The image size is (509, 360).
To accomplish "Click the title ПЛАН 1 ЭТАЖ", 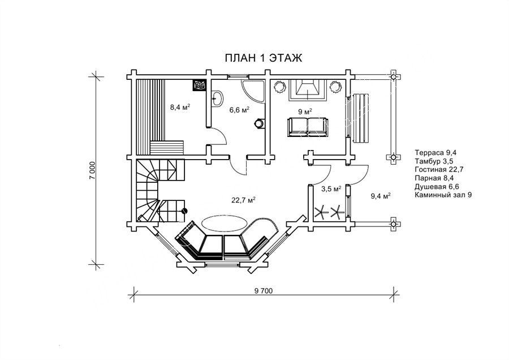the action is (x=263, y=58).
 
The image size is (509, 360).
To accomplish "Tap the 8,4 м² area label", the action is (x=180, y=107).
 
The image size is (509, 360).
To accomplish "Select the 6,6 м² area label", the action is (x=240, y=109).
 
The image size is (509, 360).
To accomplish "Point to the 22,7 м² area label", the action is (x=243, y=200).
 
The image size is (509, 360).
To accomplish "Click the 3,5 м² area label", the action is (x=331, y=188).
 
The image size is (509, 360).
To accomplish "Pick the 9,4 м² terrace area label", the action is (x=381, y=196).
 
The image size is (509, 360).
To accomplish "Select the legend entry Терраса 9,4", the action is (x=434, y=152).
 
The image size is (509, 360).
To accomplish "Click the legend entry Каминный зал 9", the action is (x=443, y=195).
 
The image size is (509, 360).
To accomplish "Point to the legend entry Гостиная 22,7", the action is (x=438, y=169).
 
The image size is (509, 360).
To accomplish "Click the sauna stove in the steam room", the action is (x=199, y=85).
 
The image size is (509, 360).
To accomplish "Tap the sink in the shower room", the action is (x=217, y=98).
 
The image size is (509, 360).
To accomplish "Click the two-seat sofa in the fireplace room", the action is (x=307, y=127).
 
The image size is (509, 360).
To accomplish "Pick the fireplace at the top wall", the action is (x=307, y=90).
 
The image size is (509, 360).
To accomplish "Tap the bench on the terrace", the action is (x=361, y=118).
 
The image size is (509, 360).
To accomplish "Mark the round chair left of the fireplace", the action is (x=279, y=87).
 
